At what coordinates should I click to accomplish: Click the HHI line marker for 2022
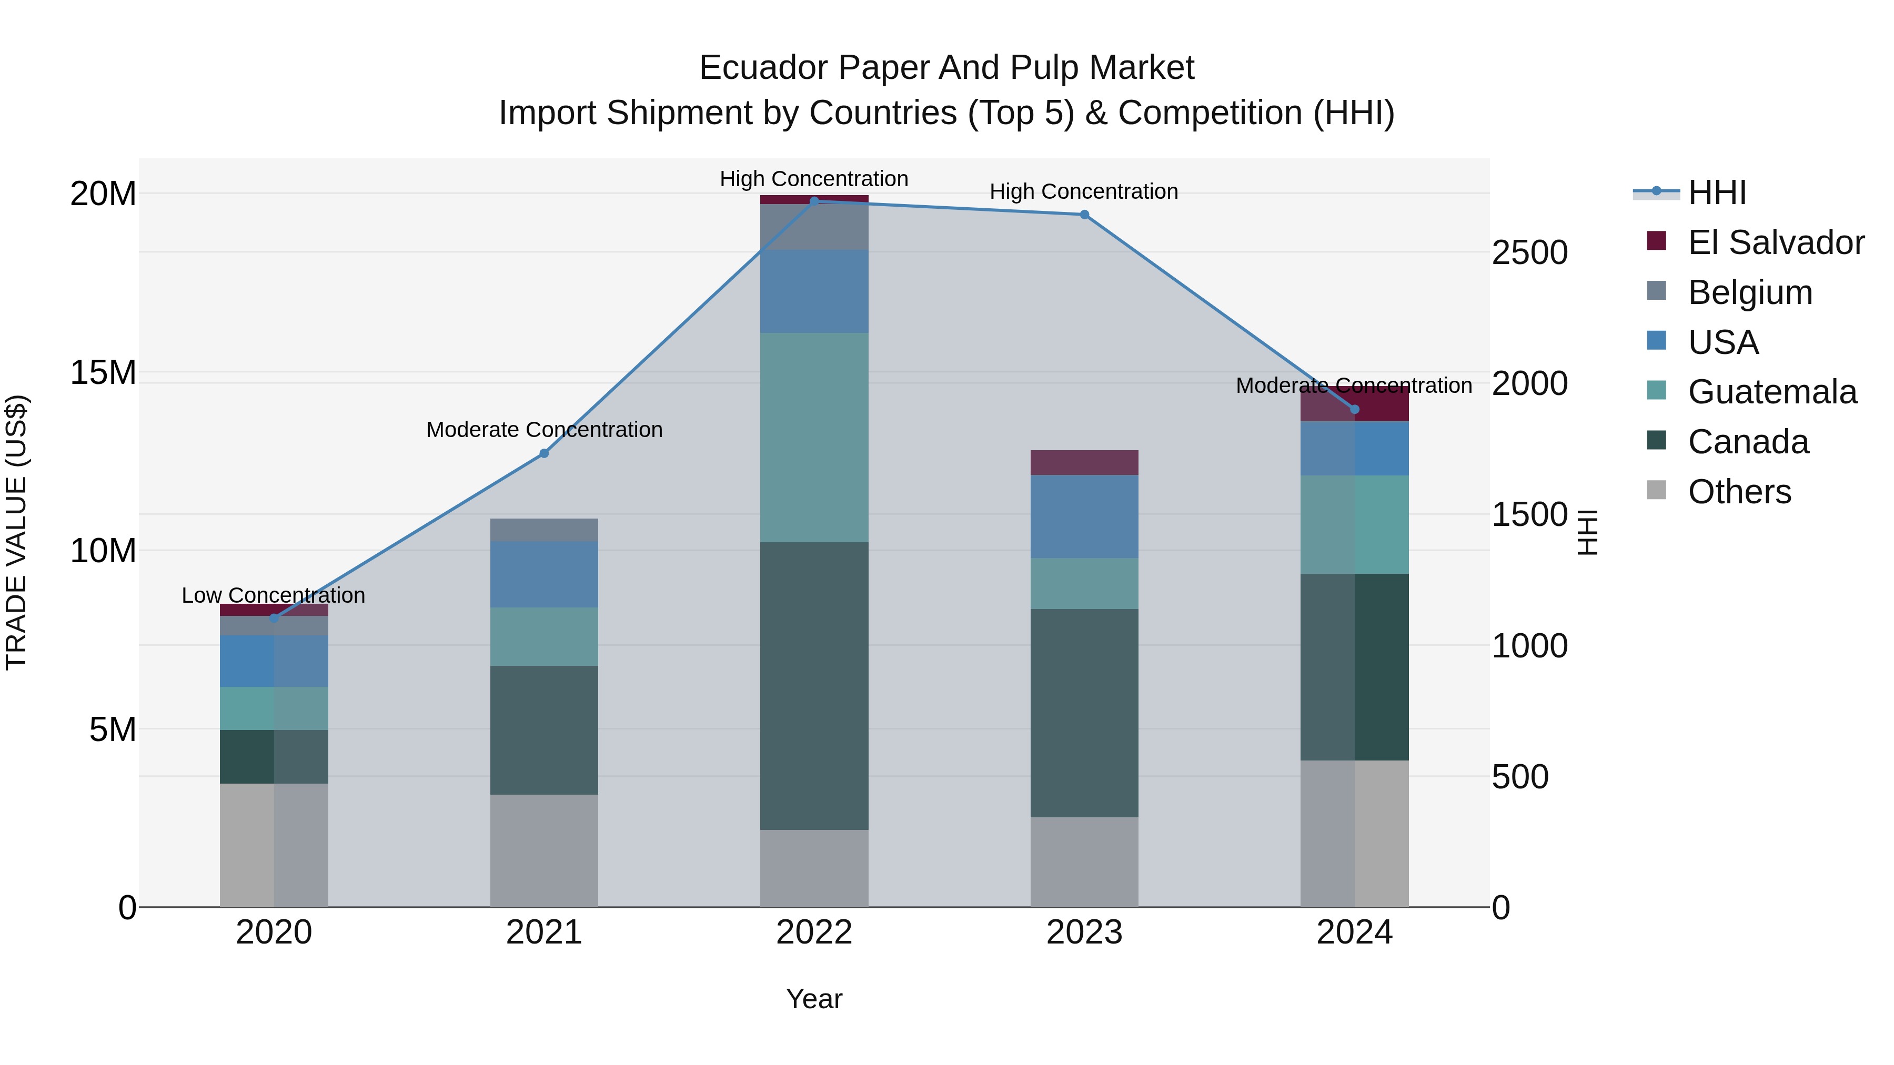[814, 201]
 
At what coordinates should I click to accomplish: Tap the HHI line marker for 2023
[1084, 215]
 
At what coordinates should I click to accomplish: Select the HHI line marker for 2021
[544, 453]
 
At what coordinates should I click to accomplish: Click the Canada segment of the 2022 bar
[814, 686]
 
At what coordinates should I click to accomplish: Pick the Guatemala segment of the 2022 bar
[814, 438]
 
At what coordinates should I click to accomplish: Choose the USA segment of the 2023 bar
[1084, 516]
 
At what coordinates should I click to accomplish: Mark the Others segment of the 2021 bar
[544, 850]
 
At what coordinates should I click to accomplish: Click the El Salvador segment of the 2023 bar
[1084, 462]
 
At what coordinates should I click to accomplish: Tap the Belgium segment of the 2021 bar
[544, 530]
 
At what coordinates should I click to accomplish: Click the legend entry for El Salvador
[1776, 242]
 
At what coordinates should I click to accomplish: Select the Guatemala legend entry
[1772, 392]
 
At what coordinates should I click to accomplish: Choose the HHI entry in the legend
[1717, 192]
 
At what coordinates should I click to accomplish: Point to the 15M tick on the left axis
[103, 373]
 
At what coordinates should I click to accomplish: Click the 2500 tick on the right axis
[1529, 253]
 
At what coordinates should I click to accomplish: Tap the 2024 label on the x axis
[1354, 932]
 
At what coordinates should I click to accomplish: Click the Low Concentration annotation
[274, 595]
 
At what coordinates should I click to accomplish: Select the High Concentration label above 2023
[1084, 192]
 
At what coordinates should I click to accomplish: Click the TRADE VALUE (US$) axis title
[16, 532]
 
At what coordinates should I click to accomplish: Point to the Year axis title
[814, 999]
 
